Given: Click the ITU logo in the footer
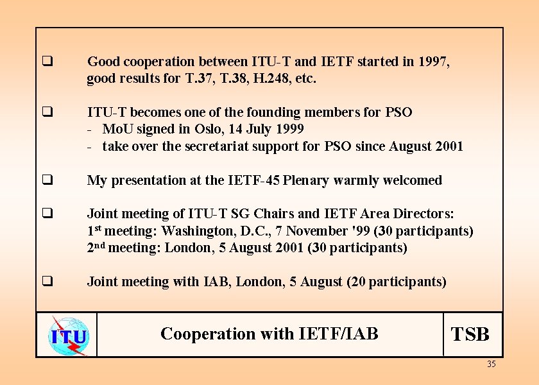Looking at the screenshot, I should click(67, 334).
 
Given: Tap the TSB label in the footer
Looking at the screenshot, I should click(470, 334).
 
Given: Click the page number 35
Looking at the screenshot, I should click(491, 364).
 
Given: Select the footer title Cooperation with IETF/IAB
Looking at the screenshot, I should click(269, 334).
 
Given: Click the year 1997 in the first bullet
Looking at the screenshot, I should click(434, 62).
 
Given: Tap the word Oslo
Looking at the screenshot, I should click(209, 129).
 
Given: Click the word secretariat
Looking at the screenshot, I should click(218, 146).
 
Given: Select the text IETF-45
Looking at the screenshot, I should click(255, 180).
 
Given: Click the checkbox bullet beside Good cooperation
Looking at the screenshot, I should click(47, 62).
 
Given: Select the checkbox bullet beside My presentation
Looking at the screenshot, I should click(47, 180).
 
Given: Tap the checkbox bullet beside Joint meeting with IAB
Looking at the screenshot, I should click(47, 282).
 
